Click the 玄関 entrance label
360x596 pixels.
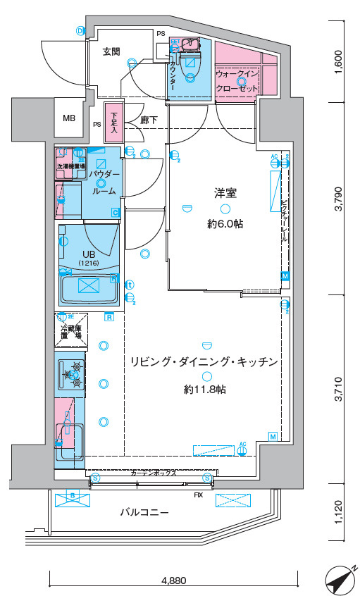pos(111,51)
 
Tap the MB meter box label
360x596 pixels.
pos(69,118)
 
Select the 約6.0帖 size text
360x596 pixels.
pos(225,224)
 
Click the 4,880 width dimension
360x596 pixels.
pos(173,581)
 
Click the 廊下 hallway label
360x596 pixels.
pos(149,120)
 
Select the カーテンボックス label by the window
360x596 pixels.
pos(153,473)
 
